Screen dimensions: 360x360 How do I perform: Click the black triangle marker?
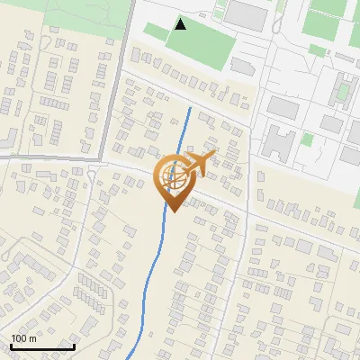[x=181, y=24]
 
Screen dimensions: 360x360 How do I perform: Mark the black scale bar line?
[x=42, y=346]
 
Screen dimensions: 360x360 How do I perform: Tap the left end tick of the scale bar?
[x=11, y=345]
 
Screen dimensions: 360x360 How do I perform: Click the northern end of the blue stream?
[x=190, y=107]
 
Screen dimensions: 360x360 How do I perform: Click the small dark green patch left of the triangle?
[x=156, y=32]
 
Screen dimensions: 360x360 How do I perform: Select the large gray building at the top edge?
[x=246, y=13]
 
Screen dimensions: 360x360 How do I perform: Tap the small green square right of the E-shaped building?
[x=307, y=139]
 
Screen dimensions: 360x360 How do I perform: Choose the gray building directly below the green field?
[x=241, y=66]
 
